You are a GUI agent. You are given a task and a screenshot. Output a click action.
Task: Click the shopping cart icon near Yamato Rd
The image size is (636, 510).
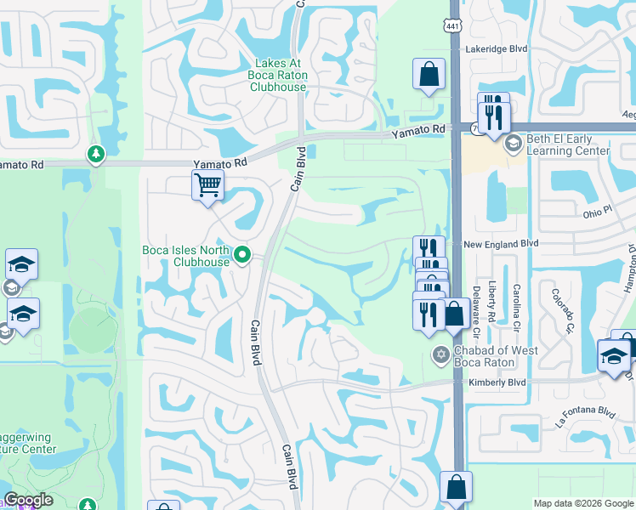point(207,184)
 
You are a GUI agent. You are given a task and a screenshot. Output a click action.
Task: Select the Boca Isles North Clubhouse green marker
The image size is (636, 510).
point(242,254)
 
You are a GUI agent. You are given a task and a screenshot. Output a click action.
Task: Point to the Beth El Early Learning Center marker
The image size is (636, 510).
point(513,144)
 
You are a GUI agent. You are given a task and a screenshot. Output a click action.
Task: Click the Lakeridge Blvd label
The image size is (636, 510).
point(496,49)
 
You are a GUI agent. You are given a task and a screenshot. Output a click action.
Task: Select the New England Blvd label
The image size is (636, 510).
point(502,243)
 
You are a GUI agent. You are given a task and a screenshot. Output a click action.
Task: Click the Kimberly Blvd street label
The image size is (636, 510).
point(497,383)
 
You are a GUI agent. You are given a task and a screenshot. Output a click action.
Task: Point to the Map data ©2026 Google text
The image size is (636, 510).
point(582,503)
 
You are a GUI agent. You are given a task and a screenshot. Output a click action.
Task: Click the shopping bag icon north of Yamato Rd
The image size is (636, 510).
point(429,75)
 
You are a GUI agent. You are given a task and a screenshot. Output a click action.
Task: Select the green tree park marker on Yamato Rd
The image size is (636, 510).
point(94,155)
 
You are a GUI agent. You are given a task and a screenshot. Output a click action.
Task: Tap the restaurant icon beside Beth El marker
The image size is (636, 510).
point(494,116)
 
